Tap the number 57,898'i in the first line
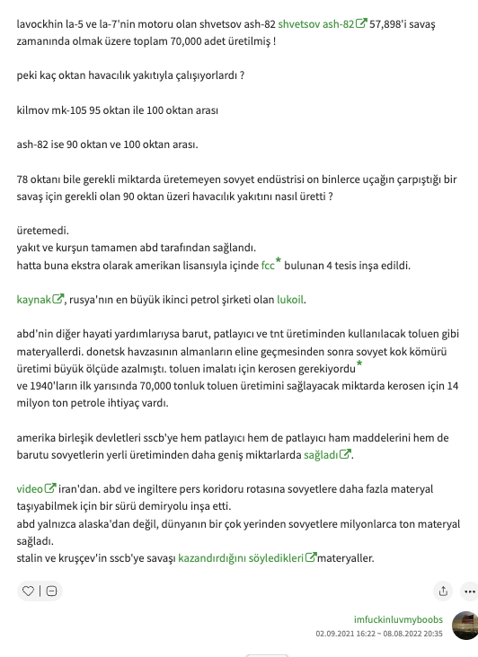point(395,24)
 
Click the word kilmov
point(33,110)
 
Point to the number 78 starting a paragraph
point(23,178)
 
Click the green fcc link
point(268,266)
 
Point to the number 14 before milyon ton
point(452,386)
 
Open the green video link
point(31,489)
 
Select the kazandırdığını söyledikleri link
point(241,558)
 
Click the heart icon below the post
point(28,591)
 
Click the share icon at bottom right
point(443,591)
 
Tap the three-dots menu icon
point(468,591)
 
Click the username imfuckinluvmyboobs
point(398,619)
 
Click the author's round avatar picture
point(465,626)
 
